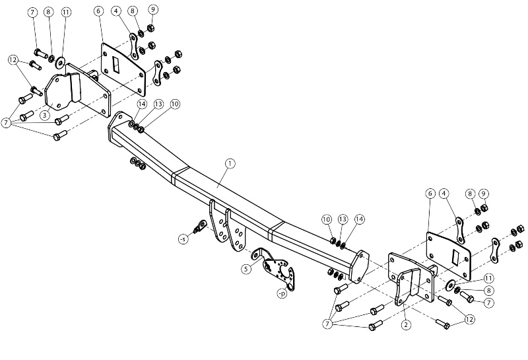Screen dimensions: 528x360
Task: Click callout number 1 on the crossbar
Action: point(230,164)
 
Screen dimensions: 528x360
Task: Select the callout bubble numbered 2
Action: point(406,324)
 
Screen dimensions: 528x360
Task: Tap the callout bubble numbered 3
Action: point(45,116)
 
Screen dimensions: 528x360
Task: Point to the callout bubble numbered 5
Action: point(246,269)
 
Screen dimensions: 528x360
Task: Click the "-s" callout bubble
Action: point(183,239)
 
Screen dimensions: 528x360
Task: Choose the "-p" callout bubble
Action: point(282,293)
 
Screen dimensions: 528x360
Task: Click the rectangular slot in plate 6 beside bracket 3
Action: point(115,64)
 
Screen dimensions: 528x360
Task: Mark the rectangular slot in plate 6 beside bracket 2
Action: point(455,257)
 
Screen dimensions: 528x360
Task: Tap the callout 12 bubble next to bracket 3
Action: point(13,60)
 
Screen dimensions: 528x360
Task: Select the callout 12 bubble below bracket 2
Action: point(469,319)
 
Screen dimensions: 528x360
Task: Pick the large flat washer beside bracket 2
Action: point(450,285)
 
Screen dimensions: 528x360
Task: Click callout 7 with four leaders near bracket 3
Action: point(6,123)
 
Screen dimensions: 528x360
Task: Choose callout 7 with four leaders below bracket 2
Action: point(327,324)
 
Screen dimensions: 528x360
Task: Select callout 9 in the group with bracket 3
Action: point(153,9)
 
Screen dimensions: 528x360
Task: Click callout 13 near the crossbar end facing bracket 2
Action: point(343,219)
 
